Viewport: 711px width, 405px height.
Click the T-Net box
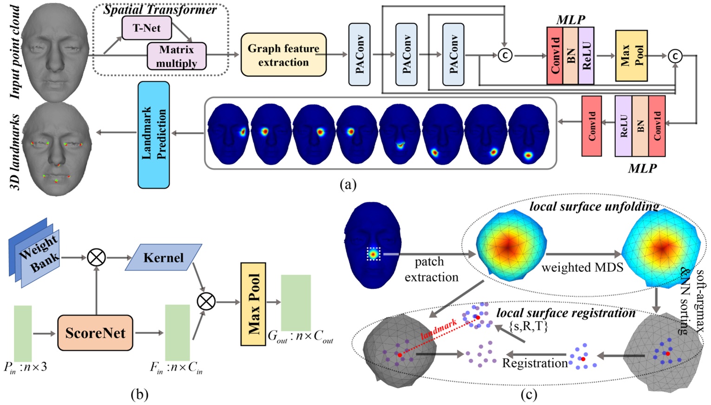click(146, 28)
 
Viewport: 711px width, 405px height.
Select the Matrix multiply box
click(177, 56)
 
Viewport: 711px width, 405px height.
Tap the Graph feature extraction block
click(283, 55)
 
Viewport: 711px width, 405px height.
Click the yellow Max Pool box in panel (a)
click(631, 56)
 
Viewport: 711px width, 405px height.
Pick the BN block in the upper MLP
click(571, 56)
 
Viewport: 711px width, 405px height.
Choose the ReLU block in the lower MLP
click(623, 126)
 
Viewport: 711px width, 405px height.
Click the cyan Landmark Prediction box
click(154, 135)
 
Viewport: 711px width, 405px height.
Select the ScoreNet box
click(95, 333)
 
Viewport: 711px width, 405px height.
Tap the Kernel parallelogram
click(164, 257)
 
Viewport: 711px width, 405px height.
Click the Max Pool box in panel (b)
click(253, 304)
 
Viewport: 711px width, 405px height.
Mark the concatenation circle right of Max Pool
click(675, 56)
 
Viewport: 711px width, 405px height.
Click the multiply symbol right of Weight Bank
click(96, 257)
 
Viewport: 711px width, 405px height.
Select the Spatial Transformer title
click(160, 9)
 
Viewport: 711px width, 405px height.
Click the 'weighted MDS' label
click(582, 267)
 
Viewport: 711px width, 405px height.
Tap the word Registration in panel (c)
click(535, 363)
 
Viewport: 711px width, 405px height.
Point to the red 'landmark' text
click(439, 329)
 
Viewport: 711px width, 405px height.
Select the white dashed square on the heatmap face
click(373, 254)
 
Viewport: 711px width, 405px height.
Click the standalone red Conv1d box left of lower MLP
click(592, 126)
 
